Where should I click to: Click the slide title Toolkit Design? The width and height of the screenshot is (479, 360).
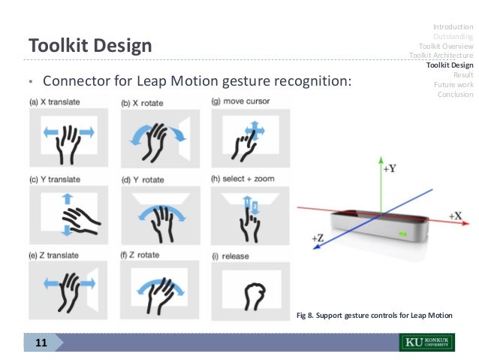pos(90,47)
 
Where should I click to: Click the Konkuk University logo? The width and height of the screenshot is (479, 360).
pos(426,343)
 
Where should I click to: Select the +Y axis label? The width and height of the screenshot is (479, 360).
pos(388,170)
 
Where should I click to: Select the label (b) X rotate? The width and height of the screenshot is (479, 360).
pos(148,101)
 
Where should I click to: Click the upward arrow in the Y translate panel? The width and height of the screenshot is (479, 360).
pos(66,198)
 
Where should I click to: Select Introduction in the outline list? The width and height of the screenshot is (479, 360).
pos(453,27)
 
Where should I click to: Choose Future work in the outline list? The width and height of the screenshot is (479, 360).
pos(453,84)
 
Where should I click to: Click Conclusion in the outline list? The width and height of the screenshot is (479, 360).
pos(455,94)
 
